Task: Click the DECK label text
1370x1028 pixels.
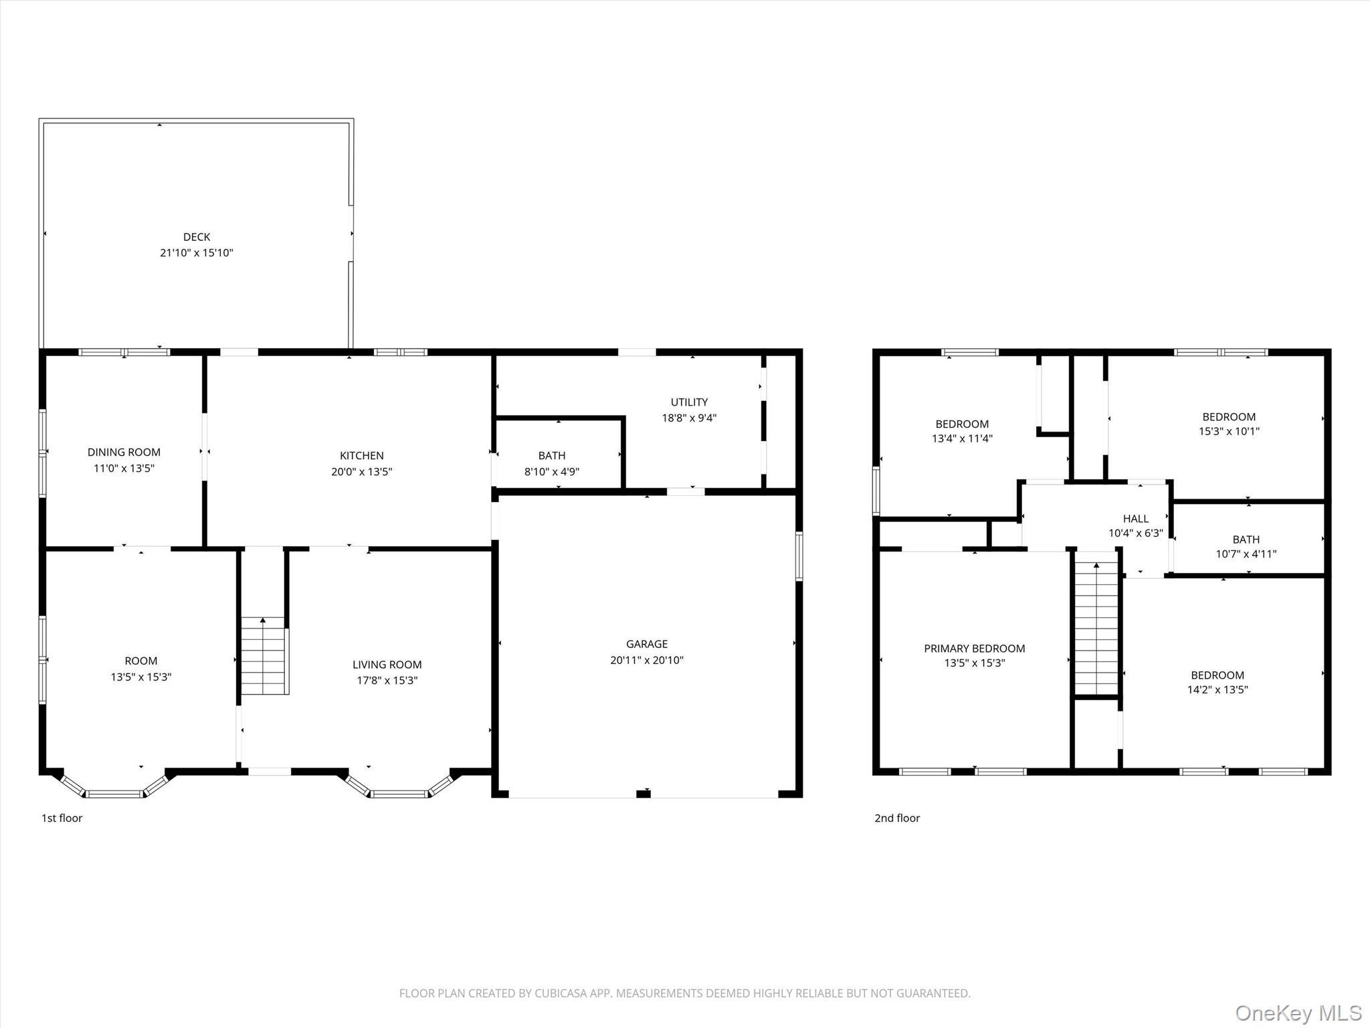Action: tap(197, 237)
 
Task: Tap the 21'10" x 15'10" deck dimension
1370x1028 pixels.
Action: tap(197, 253)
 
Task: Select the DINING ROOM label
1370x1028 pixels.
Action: tap(124, 452)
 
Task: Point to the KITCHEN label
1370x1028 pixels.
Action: tap(361, 456)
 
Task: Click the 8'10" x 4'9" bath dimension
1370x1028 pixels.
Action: tap(551, 472)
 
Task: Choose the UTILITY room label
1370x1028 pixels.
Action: tap(689, 402)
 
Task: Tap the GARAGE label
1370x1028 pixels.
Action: tap(646, 644)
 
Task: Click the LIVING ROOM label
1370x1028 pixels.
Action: tap(387, 665)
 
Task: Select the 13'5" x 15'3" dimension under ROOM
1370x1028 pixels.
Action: tap(141, 677)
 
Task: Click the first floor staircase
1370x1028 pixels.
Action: tap(264, 656)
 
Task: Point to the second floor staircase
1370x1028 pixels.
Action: tap(1096, 629)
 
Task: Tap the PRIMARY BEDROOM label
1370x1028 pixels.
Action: tap(974, 649)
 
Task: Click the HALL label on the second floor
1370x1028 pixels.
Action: tap(1135, 519)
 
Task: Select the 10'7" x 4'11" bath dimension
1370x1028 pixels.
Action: tap(1246, 554)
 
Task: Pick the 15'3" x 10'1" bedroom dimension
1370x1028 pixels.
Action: tap(1229, 432)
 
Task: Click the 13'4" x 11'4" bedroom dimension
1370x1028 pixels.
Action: tap(962, 439)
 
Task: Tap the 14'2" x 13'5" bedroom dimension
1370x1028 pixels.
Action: tap(1217, 690)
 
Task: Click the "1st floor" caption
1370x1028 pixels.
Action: tap(62, 818)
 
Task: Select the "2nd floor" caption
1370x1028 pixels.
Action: tap(897, 818)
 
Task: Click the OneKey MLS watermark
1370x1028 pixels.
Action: tap(1298, 1013)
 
